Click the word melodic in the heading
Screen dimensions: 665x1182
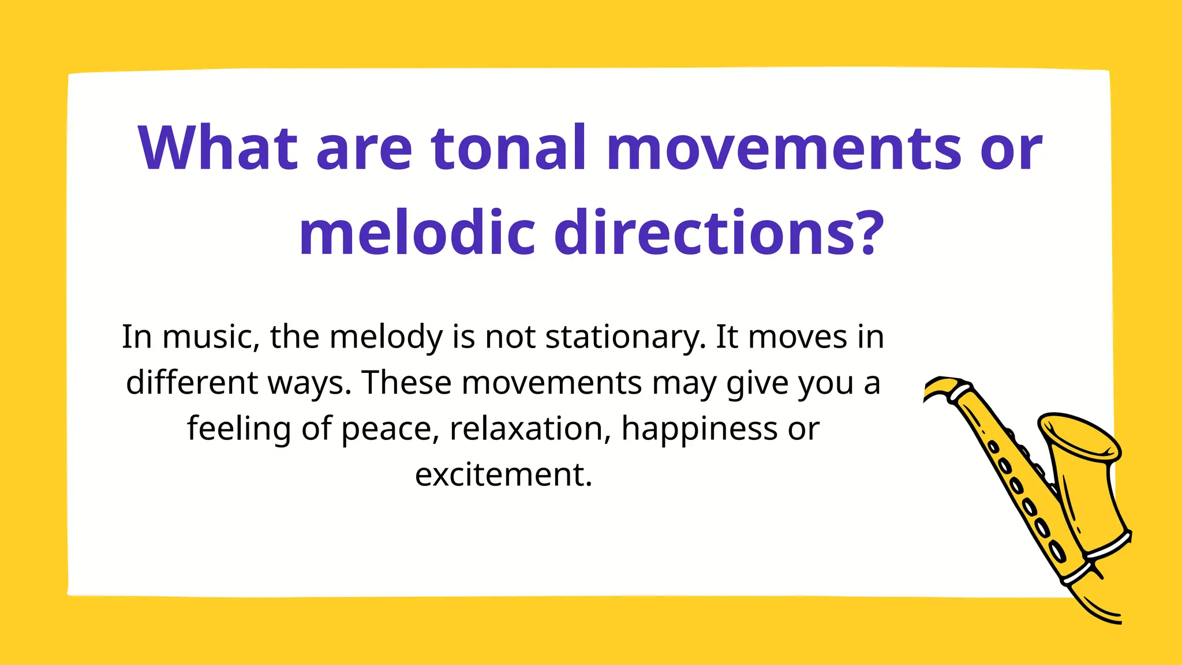tap(417, 234)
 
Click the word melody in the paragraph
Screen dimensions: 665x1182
tap(387, 338)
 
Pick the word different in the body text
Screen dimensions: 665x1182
tap(192, 383)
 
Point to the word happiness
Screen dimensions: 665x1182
tap(700, 429)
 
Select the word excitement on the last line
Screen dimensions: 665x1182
tap(503, 475)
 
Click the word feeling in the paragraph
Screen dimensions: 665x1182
tap(239, 429)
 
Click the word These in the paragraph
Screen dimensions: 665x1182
tap(406, 383)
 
